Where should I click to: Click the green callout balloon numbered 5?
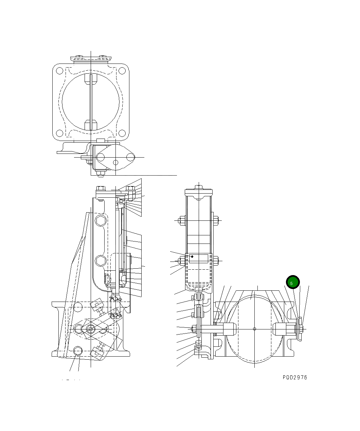[293, 283]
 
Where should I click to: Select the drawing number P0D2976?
[294, 377]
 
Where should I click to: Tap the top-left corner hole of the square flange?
[59, 71]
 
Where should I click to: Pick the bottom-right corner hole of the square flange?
[122, 133]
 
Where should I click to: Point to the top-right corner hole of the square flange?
[122, 71]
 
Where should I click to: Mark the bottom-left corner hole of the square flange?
[59, 133]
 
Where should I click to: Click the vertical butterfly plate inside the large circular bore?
[91, 102]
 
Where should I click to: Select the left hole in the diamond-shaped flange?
[101, 157]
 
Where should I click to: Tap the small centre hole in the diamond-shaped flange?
[115, 162]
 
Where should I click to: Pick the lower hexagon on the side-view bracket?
[101, 261]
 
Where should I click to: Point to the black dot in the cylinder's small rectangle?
[192, 256]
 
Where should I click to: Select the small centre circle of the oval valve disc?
[255, 329]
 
